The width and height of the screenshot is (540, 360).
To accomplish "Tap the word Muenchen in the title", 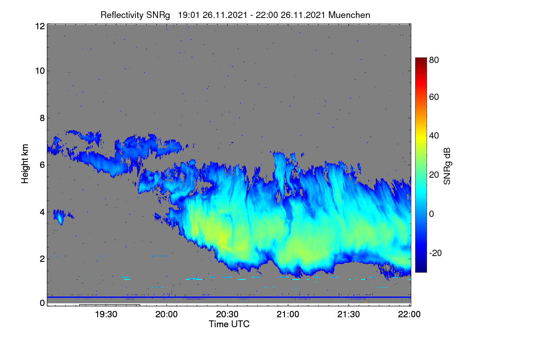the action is pos(349,15).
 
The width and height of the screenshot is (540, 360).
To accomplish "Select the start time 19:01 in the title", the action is pos(189,15).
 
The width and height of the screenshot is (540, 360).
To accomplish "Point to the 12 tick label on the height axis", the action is pos(40,26).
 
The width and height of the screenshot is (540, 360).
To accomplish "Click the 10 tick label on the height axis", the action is pos(40,71).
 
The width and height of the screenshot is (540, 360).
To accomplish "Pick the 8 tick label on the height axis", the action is pos(42,118).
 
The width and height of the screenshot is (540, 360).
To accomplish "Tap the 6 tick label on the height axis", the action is pos(42,165).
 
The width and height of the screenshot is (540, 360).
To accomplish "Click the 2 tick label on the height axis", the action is pos(42,259).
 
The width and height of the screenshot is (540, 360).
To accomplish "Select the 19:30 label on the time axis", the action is pos(106,314).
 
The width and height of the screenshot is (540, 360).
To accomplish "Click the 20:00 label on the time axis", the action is pos(166,314).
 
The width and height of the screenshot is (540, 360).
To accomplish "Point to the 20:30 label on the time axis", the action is pos(227,314).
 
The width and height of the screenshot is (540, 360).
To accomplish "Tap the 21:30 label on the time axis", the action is pos(349,314).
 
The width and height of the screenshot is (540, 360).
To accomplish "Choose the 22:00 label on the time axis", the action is pos(409,314).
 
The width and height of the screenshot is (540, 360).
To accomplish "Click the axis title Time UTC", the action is pos(229,324).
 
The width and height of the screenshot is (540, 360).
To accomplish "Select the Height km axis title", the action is pos(25,164).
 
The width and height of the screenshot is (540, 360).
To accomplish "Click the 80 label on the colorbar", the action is pos(434,60).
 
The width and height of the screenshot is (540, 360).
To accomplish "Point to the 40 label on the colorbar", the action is pos(434,136).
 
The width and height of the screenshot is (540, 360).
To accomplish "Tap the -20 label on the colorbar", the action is pos(436,253).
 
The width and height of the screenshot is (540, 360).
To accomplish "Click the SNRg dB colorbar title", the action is pos(447,166).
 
